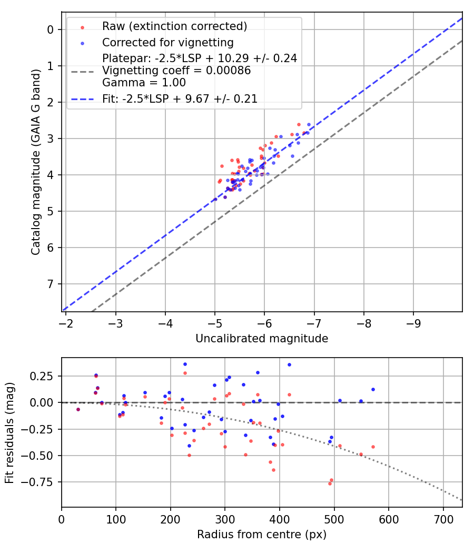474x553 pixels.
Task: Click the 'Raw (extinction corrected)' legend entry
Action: click(174, 26)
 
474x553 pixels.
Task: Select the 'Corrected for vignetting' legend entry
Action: click(168, 42)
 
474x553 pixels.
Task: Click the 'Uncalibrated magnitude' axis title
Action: click(262, 339)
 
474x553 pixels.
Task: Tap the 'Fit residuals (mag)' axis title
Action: click(9, 432)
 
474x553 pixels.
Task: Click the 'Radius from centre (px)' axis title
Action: click(262, 535)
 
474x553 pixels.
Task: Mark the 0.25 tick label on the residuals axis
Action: click(44, 376)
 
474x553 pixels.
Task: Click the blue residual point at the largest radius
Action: click(373, 389)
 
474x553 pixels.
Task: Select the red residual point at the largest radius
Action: click(373, 447)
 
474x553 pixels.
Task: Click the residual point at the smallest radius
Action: click(78, 409)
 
